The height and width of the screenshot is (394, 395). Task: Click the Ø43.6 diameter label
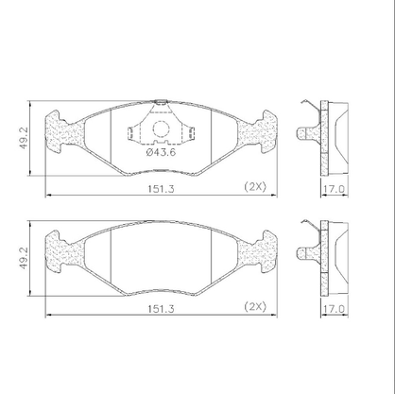point(161,152)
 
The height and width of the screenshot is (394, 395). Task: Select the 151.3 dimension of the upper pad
point(161,189)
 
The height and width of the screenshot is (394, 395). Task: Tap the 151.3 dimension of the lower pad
point(161,309)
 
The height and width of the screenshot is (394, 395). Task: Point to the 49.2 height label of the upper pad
point(25,138)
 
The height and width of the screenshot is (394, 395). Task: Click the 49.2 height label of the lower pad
point(25,258)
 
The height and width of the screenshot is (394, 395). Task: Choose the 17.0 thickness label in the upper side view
point(335,189)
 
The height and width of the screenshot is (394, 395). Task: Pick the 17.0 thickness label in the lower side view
point(335,309)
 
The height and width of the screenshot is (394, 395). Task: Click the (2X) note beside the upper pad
point(255,187)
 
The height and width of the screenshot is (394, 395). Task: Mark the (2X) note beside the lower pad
point(255,307)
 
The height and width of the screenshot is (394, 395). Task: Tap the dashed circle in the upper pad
point(161,128)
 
